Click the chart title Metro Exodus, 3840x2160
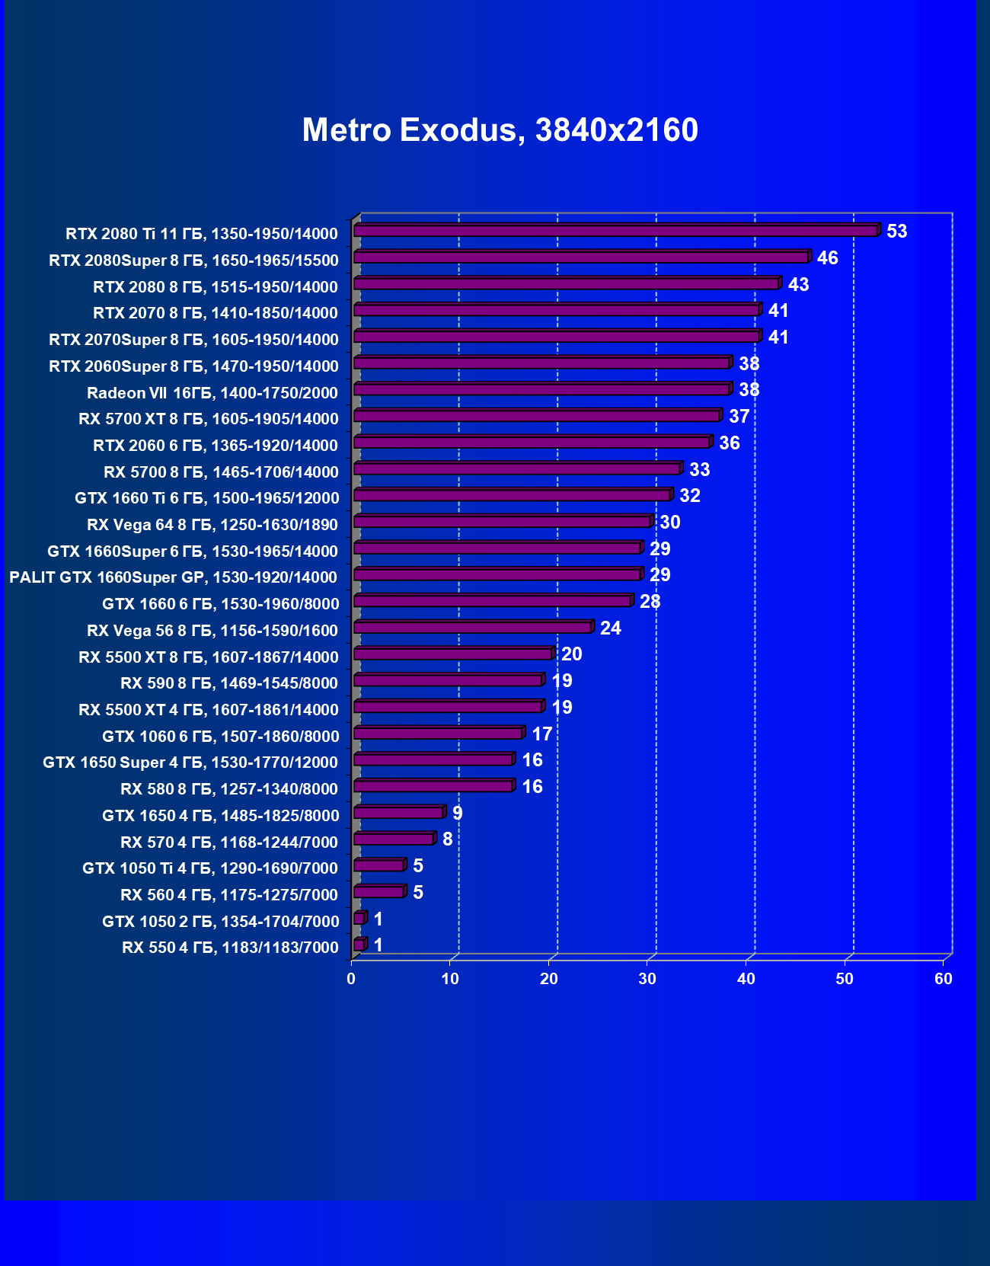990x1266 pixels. (500, 130)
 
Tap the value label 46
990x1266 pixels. (827, 258)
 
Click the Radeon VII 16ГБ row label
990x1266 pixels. (212, 393)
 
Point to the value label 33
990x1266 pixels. (699, 470)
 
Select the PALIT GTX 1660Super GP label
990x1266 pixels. (173, 577)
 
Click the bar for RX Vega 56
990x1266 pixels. (472, 628)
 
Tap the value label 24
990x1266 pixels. (610, 628)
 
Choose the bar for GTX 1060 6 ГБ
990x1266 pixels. (438, 734)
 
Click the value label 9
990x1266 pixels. (457, 814)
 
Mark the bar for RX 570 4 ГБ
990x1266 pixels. (394, 839)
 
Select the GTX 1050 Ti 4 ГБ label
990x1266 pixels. (209, 868)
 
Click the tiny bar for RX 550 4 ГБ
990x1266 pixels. (359, 945)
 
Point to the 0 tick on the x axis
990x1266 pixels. (351, 979)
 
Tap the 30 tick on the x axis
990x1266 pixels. (647, 979)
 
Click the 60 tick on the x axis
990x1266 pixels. (943, 979)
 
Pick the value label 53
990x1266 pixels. (896, 232)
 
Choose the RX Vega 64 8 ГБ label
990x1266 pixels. (212, 525)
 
